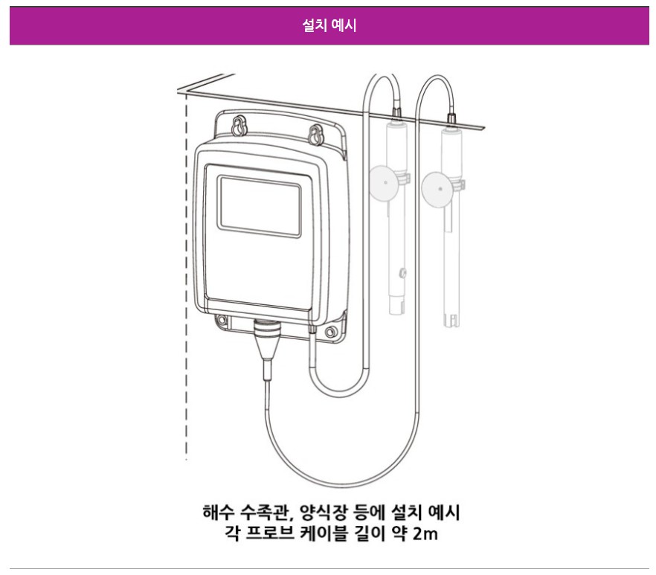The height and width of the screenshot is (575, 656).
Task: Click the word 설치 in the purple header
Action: (x=315, y=27)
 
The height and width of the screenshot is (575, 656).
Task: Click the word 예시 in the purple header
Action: (x=343, y=27)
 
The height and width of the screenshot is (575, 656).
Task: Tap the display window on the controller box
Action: (x=258, y=205)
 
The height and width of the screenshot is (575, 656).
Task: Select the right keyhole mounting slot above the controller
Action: (x=315, y=135)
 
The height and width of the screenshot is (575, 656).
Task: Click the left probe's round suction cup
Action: (x=384, y=182)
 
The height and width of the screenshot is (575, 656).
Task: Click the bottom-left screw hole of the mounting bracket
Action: (x=221, y=321)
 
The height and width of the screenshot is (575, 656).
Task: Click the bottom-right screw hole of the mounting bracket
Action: (x=333, y=328)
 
